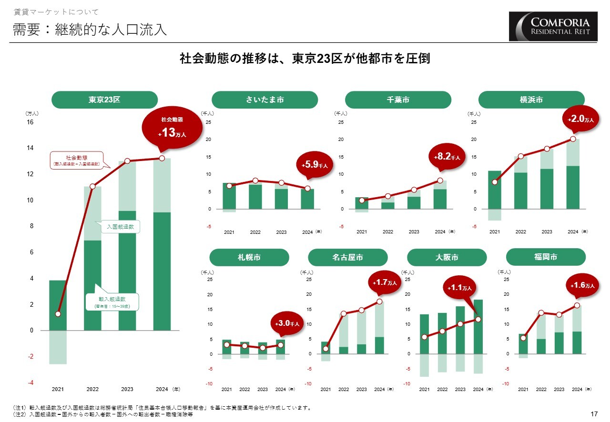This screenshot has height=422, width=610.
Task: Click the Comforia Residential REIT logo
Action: point(553,26)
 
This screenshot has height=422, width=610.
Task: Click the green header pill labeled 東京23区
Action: point(104,100)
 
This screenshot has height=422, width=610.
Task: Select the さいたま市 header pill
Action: point(264,100)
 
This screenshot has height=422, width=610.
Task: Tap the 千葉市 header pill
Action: point(398,100)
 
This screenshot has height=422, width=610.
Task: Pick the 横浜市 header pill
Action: point(531,100)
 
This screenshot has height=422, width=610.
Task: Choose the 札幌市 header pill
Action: point(249,257)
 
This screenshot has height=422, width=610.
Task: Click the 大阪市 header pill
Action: point(447,257)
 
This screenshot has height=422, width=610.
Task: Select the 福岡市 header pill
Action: point(546,257)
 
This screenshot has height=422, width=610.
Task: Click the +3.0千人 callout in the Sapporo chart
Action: point(287,324)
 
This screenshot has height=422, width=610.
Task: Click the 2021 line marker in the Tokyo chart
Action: point(58,314)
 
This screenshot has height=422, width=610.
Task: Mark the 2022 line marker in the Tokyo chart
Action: point(92,186)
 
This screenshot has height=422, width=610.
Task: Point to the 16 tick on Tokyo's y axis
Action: point(30,122)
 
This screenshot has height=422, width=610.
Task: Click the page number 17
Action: point(594,414)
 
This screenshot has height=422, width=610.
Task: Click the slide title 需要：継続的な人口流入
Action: point(90,30)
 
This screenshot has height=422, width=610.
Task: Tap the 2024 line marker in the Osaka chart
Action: point(478,319)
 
